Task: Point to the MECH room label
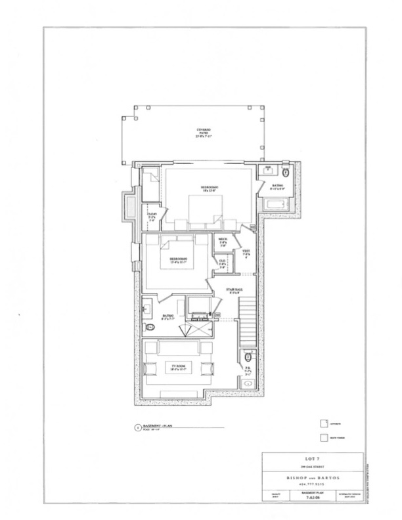tap(223, 241)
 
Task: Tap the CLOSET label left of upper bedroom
tap(152, 215)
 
